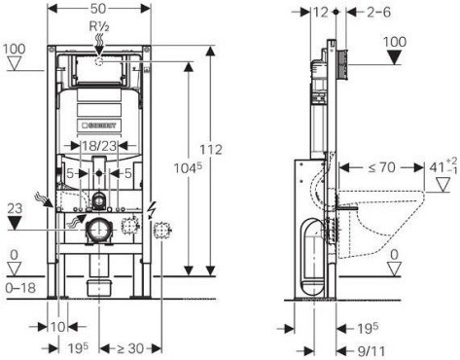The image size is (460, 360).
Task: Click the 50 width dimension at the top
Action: click(x=99, y=9)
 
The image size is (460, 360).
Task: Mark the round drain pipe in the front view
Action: click(x=96, y=231)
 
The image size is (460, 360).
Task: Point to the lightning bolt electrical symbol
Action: click(x=151, y=208)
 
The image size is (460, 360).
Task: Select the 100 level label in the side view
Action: click(x=393, y=43)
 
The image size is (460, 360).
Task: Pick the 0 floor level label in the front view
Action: click(x=13, y=257)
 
